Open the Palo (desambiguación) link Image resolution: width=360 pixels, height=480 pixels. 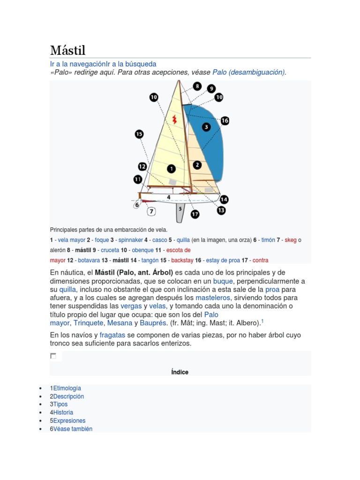click(248, 72)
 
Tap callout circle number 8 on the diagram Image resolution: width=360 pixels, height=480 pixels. click(197, 86)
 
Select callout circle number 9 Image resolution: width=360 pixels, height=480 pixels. click(211, 89)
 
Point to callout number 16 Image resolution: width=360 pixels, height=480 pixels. click(225, 120)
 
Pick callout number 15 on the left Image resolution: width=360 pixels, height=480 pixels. click(139, 135)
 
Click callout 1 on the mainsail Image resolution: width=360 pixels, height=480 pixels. click(171, 168)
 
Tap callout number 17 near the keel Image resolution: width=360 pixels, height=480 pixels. click(195, 214)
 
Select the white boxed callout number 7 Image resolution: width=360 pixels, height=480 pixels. click(151, 211)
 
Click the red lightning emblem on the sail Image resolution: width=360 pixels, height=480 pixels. click(174, 119)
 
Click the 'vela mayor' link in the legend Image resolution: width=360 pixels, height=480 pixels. click(71, 240)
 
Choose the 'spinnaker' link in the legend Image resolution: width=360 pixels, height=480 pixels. click(131, 240)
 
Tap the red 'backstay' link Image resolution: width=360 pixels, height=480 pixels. click(182, 260)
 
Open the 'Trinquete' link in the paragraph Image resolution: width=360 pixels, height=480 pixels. click(89, 322)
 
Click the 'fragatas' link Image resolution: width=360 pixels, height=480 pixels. click(112, 335)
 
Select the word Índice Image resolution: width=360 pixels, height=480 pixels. click(180, 372)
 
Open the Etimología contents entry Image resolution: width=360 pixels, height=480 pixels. click(67, 388)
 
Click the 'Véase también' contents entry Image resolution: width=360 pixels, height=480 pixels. click(73, 429)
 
